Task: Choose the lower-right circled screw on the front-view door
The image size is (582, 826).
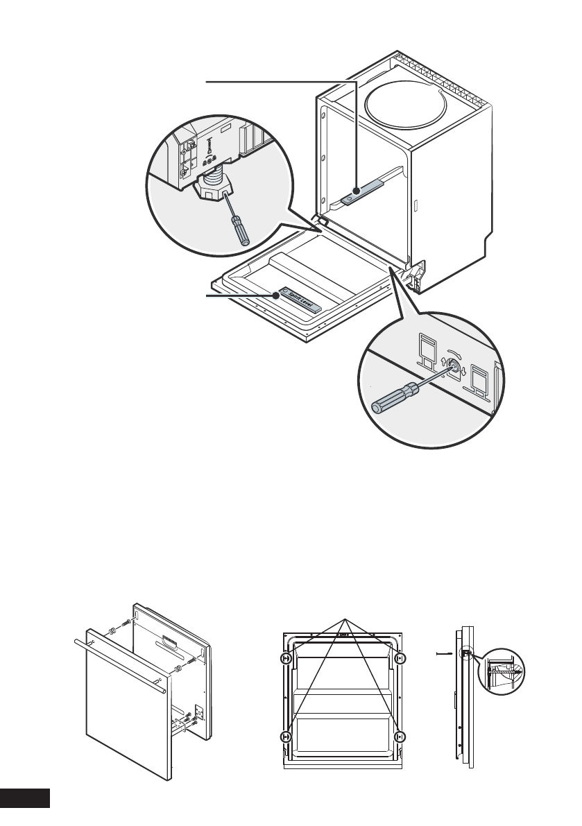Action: pos(398,737)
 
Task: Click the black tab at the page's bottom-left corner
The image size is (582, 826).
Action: pos(25,798)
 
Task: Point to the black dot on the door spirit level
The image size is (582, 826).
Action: pos(277,295)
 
